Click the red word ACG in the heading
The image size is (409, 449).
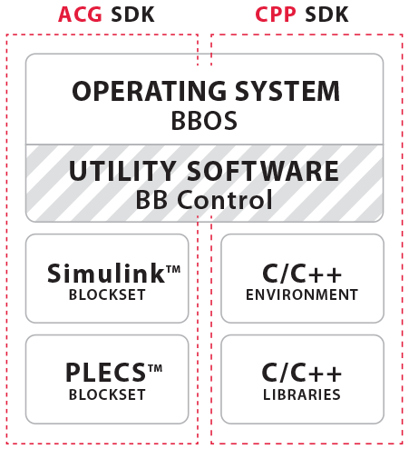[x=80, y=15]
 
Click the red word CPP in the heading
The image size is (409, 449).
[x=275, y=15]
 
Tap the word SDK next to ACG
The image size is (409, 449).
[x=133, y=15]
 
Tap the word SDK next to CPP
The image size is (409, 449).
[x=326, y=15]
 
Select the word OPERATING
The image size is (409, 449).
[x=150, y=91]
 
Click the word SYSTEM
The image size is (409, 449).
[x=287, y=91]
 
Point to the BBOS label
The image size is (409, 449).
[x=204, y=121]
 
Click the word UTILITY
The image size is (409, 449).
[x=122, y=171]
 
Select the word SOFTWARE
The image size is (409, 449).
[x=263, y=171]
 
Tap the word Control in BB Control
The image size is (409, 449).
[x=225, y=200]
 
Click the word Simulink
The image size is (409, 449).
[x=106, y=274]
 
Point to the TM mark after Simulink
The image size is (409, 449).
[x=173, y=269]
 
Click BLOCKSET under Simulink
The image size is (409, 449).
[x=107, y=294]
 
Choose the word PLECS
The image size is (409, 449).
[x=106, y=373]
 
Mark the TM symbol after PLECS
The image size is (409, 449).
[x=155, y=368]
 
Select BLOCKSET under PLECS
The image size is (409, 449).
[x=107, y=394]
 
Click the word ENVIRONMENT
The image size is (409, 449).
[x=302, y=294]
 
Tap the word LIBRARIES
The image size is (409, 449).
[x=302, y=394]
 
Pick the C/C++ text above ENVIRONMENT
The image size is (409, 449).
[x=302, y=274]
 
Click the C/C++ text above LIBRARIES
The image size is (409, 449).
[x=302, y=373]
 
